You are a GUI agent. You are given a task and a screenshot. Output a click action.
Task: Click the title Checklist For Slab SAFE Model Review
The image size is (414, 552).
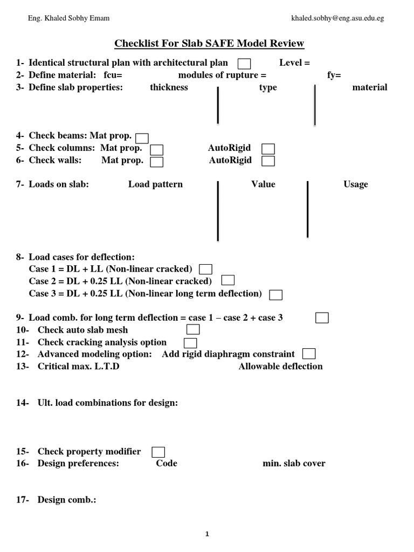pos(209,43)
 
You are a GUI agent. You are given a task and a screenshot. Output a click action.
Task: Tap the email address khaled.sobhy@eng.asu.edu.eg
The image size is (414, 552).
pos(337,18)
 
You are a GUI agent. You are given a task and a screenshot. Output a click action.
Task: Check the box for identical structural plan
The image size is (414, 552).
pos(244,64)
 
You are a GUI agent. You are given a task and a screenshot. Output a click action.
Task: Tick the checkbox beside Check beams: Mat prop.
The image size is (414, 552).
pos(142,138)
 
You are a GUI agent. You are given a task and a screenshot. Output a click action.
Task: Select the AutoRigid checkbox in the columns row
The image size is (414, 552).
pos(268,149)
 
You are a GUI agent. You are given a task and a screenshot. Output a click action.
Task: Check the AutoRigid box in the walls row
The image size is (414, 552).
pos(268,161)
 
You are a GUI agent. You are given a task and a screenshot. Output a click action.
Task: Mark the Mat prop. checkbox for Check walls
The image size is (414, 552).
pos(157,161)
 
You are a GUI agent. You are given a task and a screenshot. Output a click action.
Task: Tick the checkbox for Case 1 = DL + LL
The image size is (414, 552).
pos(205,269)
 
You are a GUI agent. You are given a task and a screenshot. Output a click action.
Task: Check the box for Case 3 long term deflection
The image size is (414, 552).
pos(276,294)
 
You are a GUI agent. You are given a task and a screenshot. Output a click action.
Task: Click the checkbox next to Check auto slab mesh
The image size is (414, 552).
pos(193,329)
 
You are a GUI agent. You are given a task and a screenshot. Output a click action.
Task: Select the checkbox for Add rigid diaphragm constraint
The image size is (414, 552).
pos(309,354)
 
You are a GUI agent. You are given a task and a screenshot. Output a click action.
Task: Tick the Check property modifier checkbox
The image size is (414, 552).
pos(158,452)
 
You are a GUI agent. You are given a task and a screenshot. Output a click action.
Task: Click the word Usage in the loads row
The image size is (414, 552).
pos(356,184)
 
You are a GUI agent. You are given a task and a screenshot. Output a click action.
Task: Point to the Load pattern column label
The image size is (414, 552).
pos(155,184)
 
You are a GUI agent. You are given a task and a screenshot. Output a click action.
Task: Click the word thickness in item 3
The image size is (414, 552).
pos(169,87)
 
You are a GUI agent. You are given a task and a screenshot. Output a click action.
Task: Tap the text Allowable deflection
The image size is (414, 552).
pos(280,367)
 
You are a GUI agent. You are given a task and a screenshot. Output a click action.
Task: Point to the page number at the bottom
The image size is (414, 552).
pos(207,534)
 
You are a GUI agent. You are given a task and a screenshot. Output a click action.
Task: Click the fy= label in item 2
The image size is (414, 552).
pos(334,75)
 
